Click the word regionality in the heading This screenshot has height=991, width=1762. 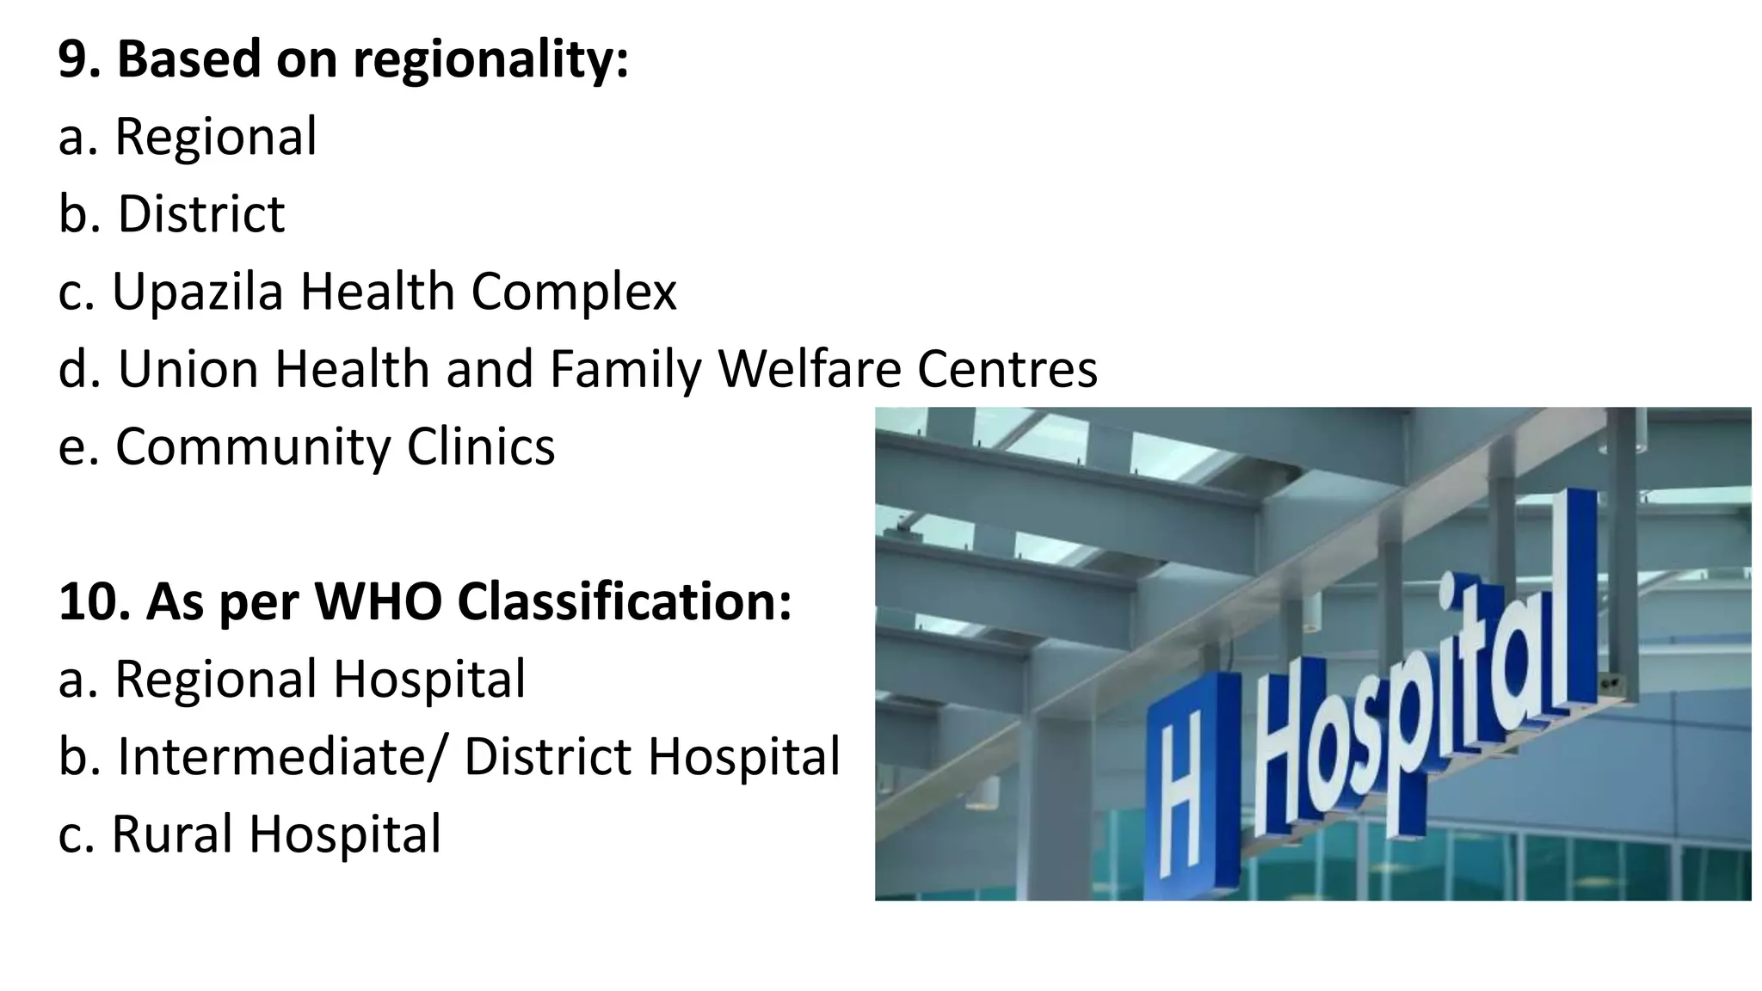click(x=490, y=60)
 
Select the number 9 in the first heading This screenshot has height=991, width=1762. click(x=75, y=60)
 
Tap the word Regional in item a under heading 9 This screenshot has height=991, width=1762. click(x=216, y=137)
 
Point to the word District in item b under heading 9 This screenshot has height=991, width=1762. click(x=201, y=214)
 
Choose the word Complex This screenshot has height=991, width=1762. click(x=574, y=292)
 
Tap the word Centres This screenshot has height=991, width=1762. click(x=1007, y=369)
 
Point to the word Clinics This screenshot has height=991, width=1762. click(x=481, y=447)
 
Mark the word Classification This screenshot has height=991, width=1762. click(x=625, y=601)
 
